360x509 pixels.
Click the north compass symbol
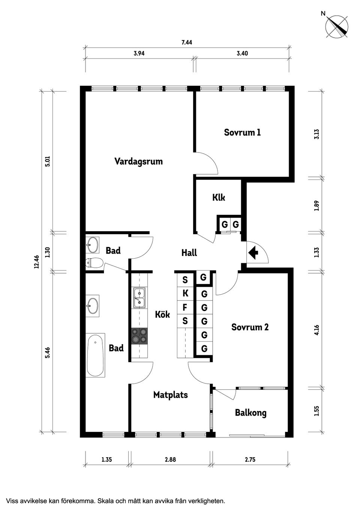(x=336, y=27)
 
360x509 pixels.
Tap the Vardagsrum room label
(x=138, y=162)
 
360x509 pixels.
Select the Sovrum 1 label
(x=242, y=132)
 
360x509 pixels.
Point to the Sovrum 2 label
(x=250, y=327)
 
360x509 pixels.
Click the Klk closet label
(x=219, y=197)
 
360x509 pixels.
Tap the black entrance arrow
(x=254, y=252)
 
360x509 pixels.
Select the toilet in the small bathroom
(x=94, y=263)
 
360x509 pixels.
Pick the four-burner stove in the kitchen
(x=139, y=336)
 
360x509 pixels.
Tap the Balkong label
(x=250, y=413)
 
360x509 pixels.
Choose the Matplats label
(x=170, y=395)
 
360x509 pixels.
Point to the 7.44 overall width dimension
(x=187, y=42)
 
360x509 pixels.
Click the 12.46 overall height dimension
(x=36, y=262)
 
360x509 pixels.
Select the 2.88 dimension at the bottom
(x=170, y=460)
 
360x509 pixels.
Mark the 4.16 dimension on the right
(x=316, y=330)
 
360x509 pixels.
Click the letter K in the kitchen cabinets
(x=185, y=293)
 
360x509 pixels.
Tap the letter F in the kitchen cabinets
(x=185, y=307)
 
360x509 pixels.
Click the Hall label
(x=189, y=253)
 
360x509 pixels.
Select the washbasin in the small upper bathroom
(x=92, y=245)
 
